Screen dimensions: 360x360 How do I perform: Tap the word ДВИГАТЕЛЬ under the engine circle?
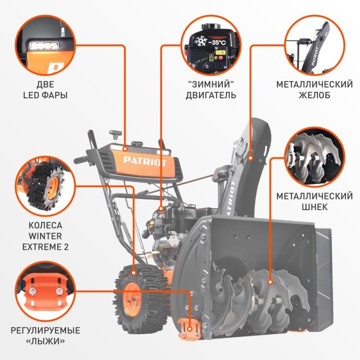(211, 95)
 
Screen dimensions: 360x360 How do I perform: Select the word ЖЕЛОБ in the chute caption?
(314, 95)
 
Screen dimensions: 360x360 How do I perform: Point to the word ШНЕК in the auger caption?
(314, 207)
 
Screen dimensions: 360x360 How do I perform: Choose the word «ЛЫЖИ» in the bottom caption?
(45, 342)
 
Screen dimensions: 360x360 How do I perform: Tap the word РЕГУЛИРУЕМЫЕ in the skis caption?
(45, 331)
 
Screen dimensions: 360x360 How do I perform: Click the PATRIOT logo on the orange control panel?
(145, 161)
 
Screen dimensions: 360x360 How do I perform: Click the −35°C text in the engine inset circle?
(217, 43)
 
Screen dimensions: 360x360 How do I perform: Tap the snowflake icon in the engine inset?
(200, 41)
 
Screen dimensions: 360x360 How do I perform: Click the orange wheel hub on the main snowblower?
(132, 299)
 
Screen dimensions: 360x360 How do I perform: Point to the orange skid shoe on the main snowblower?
(189, 329)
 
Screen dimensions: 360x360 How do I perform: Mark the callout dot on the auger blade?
(270, 282)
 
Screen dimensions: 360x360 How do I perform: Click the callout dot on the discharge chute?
(251, 158)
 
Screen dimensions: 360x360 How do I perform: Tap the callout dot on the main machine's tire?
(134, 273)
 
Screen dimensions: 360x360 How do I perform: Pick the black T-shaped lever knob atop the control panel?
(116, 134)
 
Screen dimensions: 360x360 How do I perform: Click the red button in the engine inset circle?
(221, 58)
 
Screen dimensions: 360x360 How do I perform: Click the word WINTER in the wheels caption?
(45, 236)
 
